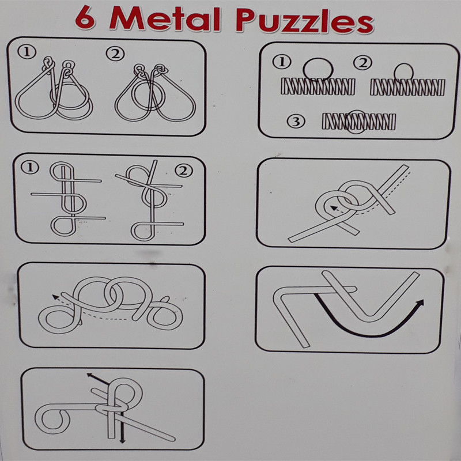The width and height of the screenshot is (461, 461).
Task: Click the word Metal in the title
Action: pyautogui.click(x=165, y=19)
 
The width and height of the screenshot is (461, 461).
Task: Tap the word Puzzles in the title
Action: pyautogui.click(x=305, y=21)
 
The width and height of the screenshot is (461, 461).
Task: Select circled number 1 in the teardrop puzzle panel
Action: pyautogui.click(x=27, y=52)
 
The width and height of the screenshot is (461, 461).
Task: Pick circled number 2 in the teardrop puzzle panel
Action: pyautogui.click(x=115, y=54)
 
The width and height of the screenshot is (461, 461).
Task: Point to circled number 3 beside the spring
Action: pyautogui.click(x=296, y=122)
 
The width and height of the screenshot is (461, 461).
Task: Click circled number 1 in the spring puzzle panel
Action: pyautogui.click(x=282, y=62)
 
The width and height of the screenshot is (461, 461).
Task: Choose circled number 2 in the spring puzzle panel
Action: pyautogui.click(x=363, y=63)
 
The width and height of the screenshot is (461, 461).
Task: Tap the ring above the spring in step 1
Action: pyautogui.click(x=318, y=59)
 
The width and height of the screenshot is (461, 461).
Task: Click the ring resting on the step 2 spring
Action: pyautogui.click(x=404, y=64)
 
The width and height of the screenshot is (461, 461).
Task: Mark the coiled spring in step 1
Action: pyautogui.click(x=318, y=86)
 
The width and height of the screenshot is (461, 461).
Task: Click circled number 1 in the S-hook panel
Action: pyautogui.click(x=30, y=168)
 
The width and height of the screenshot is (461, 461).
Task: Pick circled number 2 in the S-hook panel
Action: pyautogui.click(x=184, y=171)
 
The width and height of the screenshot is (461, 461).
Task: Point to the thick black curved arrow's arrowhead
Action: pyautogui.click(x=420, y=304)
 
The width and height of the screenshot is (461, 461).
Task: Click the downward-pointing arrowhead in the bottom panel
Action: pyautogui.click(x=123, y=440)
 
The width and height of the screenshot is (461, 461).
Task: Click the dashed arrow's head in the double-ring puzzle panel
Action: pyautogui.click(x=55, y=297)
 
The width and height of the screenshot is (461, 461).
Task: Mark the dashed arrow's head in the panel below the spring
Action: pyautogui.click(x=334, y=208)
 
